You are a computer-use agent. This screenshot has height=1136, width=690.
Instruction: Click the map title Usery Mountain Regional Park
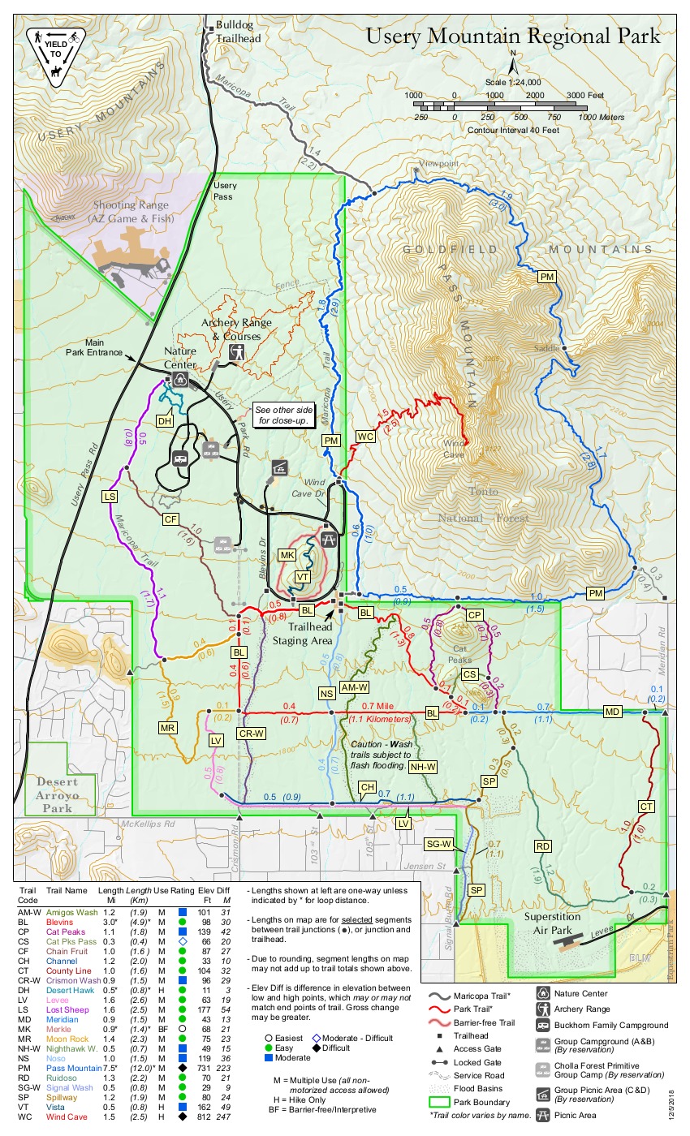[x=512, y=36]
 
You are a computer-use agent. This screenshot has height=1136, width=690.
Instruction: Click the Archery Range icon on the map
[x=237, y=352]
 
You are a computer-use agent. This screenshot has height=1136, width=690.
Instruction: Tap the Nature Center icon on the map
[x=182, y=379]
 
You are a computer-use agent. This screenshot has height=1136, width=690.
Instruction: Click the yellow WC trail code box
[x=366, y=437]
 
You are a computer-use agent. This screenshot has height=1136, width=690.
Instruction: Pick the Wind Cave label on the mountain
[x=453, y=448]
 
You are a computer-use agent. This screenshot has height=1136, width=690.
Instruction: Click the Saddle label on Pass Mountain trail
[x=546, y=348]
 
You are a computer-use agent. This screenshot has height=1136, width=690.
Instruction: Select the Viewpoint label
[x=438, y=163]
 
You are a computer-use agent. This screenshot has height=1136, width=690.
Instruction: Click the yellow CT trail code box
[x=646, y=807]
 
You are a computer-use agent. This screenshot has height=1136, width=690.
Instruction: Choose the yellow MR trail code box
[x=168, y=728]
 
